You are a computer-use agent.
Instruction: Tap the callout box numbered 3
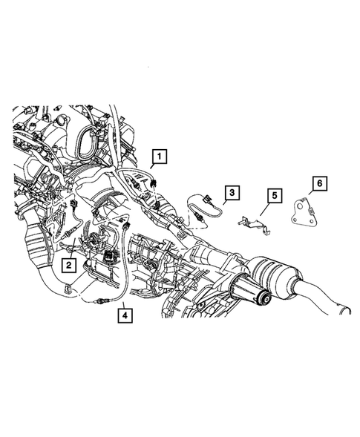point(232,193)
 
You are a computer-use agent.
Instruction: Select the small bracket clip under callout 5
point(251,221)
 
